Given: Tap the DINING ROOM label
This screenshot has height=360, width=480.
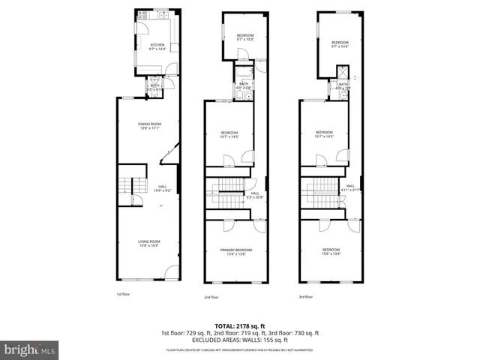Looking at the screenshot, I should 149,126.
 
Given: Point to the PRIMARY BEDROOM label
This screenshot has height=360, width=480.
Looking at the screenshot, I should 236,251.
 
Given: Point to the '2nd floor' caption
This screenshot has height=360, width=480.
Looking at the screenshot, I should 211,297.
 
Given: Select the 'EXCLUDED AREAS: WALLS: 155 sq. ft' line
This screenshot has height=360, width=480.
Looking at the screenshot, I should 239,340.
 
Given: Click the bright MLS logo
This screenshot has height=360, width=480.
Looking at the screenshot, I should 30,349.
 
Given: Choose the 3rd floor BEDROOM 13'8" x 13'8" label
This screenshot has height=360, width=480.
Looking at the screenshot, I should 331,251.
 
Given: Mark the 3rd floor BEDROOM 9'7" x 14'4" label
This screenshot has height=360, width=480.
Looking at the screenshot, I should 340,44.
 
